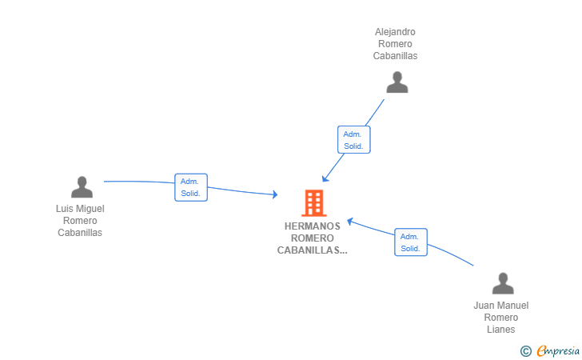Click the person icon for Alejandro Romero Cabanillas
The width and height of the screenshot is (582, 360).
click(x=397, y=82)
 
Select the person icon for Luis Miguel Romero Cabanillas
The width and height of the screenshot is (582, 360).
click(x=82, y=187)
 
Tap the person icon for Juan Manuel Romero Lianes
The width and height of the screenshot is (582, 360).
click(x=503, y=283)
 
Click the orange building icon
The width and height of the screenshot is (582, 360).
click(x=314, y=203)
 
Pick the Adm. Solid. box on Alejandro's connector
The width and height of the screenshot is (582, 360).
click(x=353, y=140)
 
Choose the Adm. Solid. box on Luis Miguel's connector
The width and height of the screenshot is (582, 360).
click(x=191, y=187)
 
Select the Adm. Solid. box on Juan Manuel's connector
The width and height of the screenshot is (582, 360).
click(x=411, y=242)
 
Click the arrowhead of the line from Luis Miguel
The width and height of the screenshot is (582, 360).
click(x=275, y=194)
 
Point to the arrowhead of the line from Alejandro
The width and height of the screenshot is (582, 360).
click(x=325, y=178)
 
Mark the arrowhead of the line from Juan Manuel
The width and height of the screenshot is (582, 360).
click(x=349, y=222)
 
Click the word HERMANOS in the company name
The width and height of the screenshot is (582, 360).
click(x=312, y=226)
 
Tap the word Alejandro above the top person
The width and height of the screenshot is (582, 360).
click(x=395, y=32)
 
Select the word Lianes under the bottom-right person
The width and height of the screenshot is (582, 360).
click(x=500, y=330)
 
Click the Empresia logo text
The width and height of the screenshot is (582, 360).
click(x=558, y=350)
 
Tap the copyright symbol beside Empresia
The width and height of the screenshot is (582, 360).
click(x=525, y=351)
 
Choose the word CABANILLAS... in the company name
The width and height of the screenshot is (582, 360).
click(x=312, y=250)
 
